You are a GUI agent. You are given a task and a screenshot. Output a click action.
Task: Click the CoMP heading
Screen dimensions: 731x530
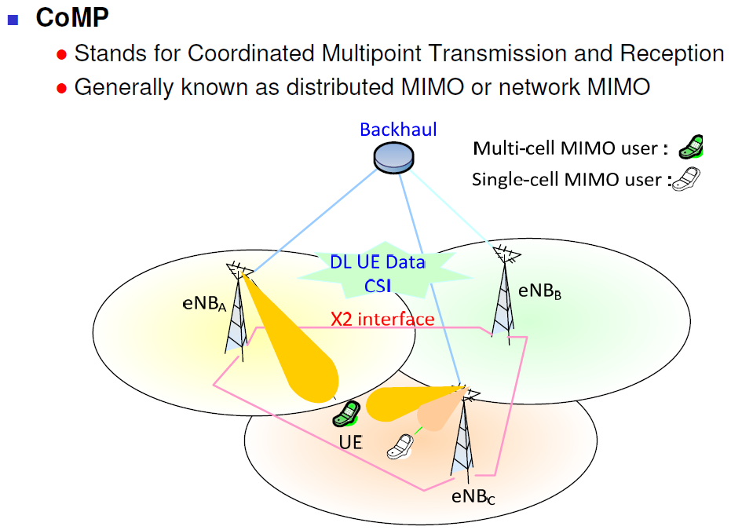pos(72,17)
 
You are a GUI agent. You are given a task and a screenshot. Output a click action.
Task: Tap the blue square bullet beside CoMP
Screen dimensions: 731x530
pos(13,20)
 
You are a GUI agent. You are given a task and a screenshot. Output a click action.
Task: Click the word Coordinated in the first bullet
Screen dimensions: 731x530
pos(250,53)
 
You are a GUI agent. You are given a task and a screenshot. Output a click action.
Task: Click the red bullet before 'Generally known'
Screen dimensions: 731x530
pos(61,88)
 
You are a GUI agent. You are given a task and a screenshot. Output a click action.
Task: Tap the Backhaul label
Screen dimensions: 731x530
pos(398,130)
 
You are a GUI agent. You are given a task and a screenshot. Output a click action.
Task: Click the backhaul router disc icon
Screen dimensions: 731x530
pos(394,158)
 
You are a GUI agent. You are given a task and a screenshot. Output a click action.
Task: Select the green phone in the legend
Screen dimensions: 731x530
pos(691,148)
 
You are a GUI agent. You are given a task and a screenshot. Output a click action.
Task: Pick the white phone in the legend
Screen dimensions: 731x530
pos(685,178)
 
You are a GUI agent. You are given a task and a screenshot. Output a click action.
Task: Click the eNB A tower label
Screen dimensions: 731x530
pos(204,304)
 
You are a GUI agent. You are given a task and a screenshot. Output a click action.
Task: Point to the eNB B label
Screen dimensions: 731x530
pos(540,291)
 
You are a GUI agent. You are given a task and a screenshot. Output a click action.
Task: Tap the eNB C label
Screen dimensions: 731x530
pos(473,497)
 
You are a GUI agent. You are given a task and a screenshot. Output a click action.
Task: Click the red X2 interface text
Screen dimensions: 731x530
pos(382,320)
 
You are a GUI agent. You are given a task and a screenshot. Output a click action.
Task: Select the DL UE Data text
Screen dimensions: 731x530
pos(378,262)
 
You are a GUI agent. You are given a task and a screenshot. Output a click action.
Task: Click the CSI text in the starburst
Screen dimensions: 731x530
pos(378,286)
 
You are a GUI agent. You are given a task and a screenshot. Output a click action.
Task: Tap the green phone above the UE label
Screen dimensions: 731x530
pos(346,414)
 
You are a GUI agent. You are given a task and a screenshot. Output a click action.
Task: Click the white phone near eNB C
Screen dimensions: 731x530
pos(400,447)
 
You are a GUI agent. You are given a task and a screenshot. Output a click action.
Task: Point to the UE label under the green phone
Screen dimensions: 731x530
pos(350,442)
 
